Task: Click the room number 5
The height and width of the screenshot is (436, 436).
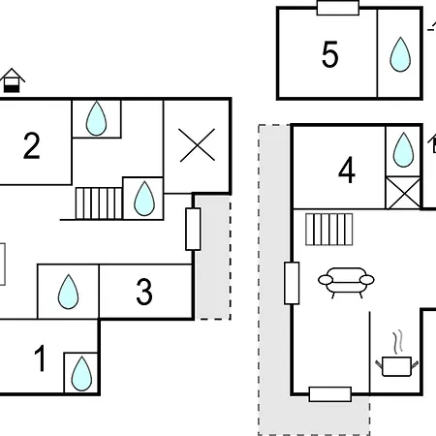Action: (x=330, y=54)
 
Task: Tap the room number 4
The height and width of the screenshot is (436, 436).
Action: (x=347, y=171)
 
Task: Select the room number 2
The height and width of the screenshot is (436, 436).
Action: (x=32, y=145)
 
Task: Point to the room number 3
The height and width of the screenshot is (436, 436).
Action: (x=144, y=292)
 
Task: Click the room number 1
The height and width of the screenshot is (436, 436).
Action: (x=40, y=358)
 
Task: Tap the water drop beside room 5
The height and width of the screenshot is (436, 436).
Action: (x=400, y=54)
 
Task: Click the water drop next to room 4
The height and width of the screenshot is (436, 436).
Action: (x=403, y=149)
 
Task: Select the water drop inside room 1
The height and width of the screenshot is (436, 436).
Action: (x=81, y=374)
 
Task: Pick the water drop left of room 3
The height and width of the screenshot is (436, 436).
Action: (x=68, y=292)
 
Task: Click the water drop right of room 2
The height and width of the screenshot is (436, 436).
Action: (x=96, y=118)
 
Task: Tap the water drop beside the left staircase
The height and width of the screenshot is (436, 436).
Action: (x=144, y=199)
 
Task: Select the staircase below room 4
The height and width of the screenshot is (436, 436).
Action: (x=329, y=230)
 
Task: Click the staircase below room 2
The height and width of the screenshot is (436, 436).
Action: (x=99, y=203)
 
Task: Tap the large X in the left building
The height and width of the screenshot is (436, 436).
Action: (x=198, y=144)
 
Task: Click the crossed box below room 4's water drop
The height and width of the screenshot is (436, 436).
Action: (x=403, y=193)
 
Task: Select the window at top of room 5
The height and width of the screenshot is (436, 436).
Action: (x=338, y=8)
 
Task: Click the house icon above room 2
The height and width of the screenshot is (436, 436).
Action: (x=13, y=80)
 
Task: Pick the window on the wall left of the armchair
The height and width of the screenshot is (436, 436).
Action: (x=292, y=283)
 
